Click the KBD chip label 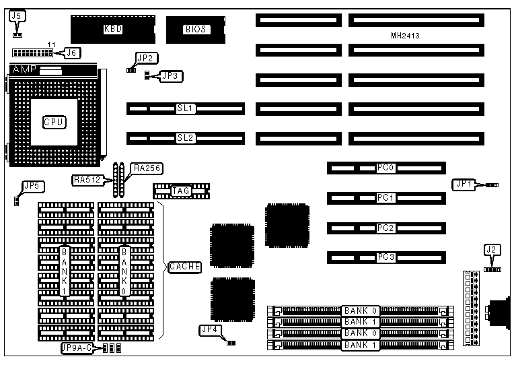click(x=112, y=29)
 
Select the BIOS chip click(x=195, y=29)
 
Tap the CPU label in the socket click(x=54, y=122)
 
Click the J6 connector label click(x=70, y=51)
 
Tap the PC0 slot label click(x=385, y=167)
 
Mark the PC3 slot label click(x=385, y=257)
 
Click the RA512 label click(x=85, y=180)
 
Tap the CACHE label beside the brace click(x=185, y=267)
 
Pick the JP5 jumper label click(x=31, y=186)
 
